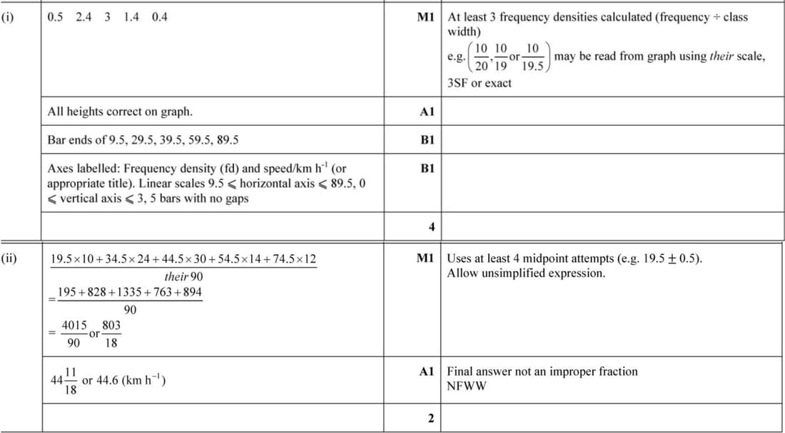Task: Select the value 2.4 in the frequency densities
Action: [x=83, y=17]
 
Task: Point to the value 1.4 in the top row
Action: [x=131, y=17]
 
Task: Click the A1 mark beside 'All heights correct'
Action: [x=427, y=112]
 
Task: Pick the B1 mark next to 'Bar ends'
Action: [x=427, y=140]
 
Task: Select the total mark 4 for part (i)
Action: [x=431, y=227]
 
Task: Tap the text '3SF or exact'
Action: [x=480, y=83]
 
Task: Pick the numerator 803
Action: [x=111, y=325]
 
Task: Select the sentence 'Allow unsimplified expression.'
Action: [x=526, y=273]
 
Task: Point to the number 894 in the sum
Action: [x=189, y=292]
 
